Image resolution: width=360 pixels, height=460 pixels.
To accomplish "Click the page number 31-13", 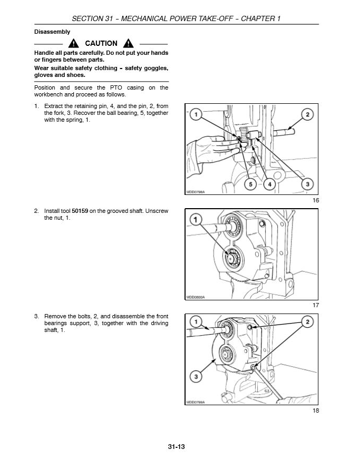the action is click(177, 446).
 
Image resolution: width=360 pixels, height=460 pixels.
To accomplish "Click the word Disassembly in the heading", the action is click(52, 32).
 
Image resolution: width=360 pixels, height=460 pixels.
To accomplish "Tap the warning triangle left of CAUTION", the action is click(73, 43).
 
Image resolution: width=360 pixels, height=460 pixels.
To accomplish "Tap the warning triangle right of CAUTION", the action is click(128, 43).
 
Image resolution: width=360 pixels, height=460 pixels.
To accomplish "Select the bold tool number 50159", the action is click(80, 211).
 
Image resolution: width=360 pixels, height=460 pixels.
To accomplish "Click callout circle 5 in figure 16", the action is click(250, 184).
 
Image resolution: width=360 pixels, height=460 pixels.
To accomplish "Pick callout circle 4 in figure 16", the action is click(269, 184).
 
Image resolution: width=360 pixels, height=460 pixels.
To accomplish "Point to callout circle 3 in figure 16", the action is click(307, 184).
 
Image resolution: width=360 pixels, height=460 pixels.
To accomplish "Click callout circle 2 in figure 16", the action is click(307, 114).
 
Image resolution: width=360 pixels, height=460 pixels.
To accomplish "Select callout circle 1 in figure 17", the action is click(196, 219).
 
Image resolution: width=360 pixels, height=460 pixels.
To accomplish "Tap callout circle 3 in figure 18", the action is click(196, 377).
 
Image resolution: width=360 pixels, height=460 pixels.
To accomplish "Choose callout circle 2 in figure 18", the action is click(307, 322).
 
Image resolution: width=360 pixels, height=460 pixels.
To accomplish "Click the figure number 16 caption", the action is click(316, 200).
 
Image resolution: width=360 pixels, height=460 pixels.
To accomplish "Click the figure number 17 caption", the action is click(316, 305).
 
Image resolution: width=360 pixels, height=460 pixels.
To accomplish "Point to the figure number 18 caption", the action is click(316, 410).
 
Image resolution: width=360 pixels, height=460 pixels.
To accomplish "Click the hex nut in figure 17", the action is click(231, 259).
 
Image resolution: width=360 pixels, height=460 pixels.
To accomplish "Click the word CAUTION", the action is click(101, 43).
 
